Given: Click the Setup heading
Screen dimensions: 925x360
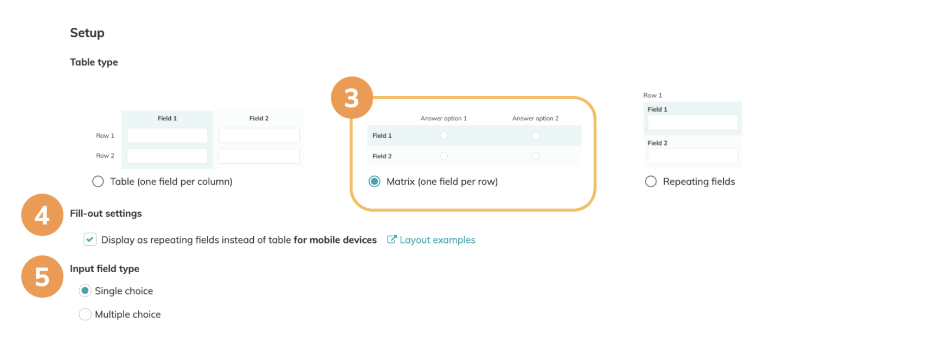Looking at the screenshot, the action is tap(87, 33).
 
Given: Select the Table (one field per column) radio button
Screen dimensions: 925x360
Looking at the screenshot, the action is tap(98, 181).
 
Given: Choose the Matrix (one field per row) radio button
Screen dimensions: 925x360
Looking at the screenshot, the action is tap(375, 181).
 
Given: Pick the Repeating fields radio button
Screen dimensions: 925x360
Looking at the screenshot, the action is tap(651, 181).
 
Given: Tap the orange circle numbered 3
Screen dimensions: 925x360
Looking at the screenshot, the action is tap(352, 98).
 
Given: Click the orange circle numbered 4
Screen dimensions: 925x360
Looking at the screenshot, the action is tap(42, 215).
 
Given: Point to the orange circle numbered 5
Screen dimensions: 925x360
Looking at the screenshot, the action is tap(42, 277).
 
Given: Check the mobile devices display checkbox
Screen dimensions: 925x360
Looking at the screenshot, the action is tap(90, 240).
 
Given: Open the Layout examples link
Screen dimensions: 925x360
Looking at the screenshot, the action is tap(438, 240).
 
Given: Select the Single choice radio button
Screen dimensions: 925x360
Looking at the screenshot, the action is tap(85, 291).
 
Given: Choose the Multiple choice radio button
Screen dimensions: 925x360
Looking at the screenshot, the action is tap(85, 314).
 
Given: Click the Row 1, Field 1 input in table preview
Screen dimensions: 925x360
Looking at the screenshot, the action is tap(167, 136).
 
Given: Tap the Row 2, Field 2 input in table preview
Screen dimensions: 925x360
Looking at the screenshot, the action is tap(259, 156).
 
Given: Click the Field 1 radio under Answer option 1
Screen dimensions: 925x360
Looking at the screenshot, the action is tap(444, 136).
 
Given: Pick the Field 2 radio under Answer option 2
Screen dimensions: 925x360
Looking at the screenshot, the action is tap(536, 156).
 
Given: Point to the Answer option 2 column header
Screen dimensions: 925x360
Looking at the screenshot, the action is tap(535, 119).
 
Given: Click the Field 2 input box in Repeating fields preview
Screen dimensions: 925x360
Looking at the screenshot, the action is tap(692, 156).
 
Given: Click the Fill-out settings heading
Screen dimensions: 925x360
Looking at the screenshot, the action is tap(106, 214).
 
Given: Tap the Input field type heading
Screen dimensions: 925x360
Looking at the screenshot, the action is tap(105, 269).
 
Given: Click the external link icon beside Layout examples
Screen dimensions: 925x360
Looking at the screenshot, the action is tap(391, 240).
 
